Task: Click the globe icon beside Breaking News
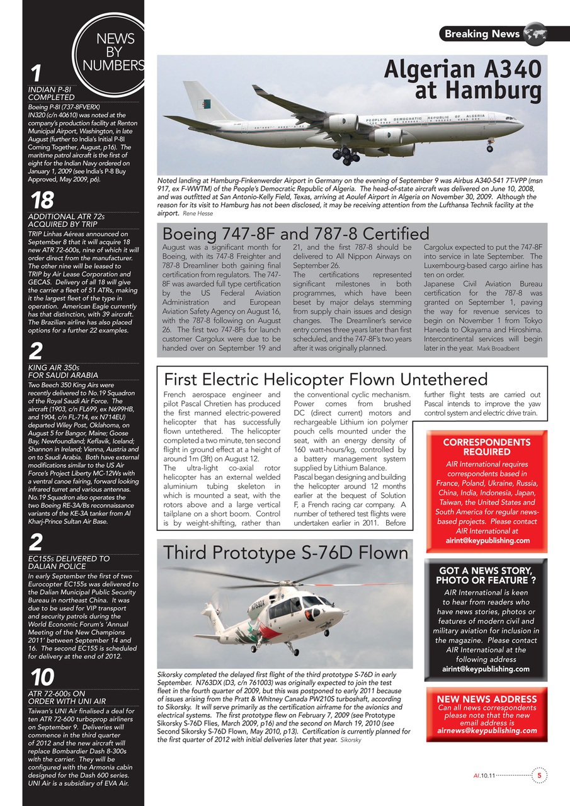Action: point(535,33)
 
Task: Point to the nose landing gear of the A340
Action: point(490,146)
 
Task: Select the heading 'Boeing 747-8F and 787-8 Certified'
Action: point(296,234)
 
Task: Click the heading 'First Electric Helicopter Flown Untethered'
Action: point(326,379)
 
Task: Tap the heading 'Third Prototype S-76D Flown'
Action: point(286,553)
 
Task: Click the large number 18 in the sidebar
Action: point(42,201)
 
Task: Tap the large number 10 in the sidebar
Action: point(42,678)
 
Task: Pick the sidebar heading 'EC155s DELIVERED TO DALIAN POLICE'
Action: point(69,562)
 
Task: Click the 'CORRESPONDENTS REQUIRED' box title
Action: point(486,447)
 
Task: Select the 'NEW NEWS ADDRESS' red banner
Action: point(486,699)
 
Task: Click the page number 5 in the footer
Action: point(539,775)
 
